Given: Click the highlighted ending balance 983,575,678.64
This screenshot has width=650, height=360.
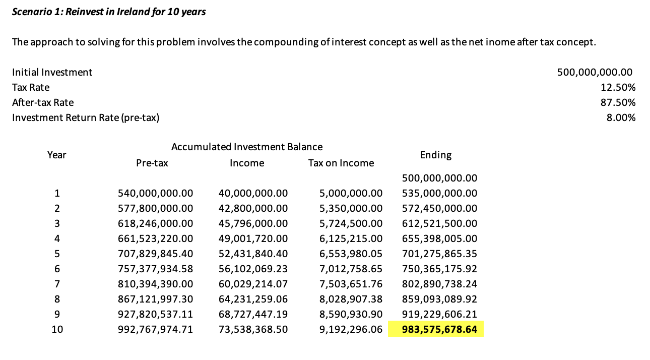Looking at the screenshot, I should click(x=439, y=330).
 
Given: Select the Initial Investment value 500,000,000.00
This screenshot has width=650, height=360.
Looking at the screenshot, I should click(x=595, y=72).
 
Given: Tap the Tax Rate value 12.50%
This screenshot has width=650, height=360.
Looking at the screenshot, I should click(x=618, y=87).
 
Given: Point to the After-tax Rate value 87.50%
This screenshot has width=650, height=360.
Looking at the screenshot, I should click(x=618, y=102).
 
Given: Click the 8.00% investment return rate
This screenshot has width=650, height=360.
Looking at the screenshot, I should click(x=621, y=117).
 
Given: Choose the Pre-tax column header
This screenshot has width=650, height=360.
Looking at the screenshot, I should click(x=152, y=163).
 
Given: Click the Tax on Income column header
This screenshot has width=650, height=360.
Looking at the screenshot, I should click(x=341, y=163).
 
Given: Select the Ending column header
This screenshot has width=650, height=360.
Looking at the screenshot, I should click(x=436, y=155).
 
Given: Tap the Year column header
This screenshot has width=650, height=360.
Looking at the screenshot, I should click(x=56, y=155).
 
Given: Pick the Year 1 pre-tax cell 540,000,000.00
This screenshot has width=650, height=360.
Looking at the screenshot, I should click(x=155, y=193).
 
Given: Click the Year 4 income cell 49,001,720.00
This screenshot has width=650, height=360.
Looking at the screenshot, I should click(x=253, y=238).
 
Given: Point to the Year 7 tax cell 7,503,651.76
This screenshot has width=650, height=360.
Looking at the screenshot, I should click(x=351, y=284).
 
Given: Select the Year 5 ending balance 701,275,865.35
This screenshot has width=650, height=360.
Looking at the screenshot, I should click(x=439, y=254).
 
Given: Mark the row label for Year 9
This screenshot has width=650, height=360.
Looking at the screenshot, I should click(x=57, y=314).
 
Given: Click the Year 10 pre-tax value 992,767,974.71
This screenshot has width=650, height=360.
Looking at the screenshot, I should click(x=155, y=330).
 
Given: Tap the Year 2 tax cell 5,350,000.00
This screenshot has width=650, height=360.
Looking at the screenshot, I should click(x=351, y=208).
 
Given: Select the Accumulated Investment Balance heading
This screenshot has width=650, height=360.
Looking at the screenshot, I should click(x=247, y=147).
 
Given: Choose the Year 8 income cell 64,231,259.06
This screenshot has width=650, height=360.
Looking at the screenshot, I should click(x=253, y=299).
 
